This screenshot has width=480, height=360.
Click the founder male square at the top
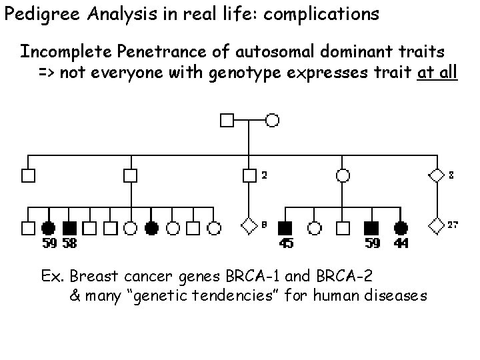pos(227,121)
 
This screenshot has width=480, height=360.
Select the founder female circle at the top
pos(272,121)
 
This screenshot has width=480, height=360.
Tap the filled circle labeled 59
pos(48,228)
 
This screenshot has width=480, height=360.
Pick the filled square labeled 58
pos(69,228)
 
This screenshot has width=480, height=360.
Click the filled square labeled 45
pos(285,228)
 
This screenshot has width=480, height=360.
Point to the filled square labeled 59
pos(372,228)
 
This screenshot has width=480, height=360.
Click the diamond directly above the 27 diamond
pos(437,176)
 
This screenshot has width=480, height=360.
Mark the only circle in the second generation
pos(343,176)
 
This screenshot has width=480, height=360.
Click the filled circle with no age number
pos(152,228)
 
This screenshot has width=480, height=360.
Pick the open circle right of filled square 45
pos(315,228)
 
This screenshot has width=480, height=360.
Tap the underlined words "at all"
pos(437,72)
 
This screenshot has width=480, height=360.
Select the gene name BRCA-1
pos(248,275)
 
